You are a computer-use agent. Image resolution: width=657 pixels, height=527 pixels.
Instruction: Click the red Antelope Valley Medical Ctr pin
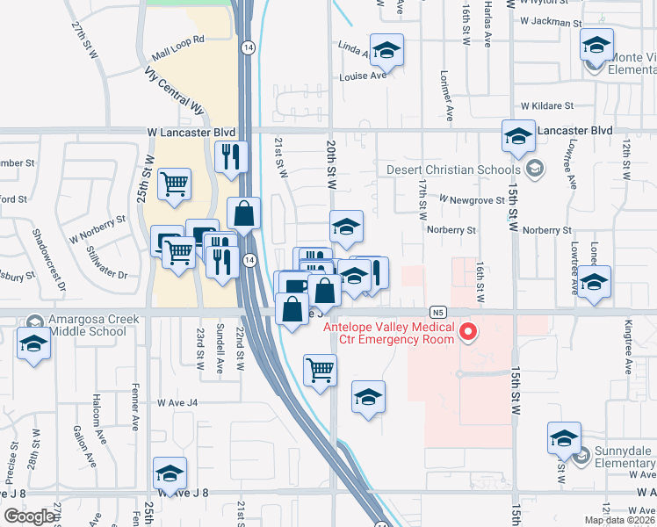click(468, 332)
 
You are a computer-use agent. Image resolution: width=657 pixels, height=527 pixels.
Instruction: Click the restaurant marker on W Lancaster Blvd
click(230, 157)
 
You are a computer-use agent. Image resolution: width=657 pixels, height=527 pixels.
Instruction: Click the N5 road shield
click(438, 312)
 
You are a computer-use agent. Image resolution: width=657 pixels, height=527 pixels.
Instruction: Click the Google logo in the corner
click(29, 516)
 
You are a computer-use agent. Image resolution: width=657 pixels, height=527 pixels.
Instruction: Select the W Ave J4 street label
click(177, 403)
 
